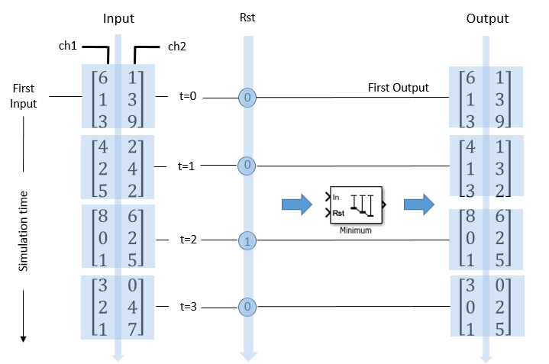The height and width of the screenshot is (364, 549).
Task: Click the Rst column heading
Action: (248, 18)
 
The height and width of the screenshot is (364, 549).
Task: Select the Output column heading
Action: (487, 18)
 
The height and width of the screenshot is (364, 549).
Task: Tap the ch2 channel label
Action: (177, 47)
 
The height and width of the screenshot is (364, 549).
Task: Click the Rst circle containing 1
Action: (248, 241)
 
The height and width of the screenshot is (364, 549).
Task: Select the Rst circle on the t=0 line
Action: (248, 98)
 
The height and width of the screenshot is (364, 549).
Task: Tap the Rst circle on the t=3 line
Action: (248, 308)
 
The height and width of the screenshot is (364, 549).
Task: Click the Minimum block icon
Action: (357, 205)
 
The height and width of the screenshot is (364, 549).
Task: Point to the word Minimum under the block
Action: (356, 230)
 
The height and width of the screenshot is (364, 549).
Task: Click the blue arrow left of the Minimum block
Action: (296, 204)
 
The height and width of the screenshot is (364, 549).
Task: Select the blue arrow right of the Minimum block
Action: (418, 204)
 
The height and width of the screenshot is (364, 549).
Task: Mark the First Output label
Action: (399, 87)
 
